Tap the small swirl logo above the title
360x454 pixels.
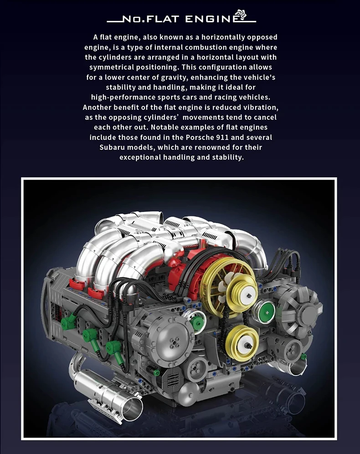pos(241,14)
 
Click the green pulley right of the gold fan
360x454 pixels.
pos(264,313)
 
